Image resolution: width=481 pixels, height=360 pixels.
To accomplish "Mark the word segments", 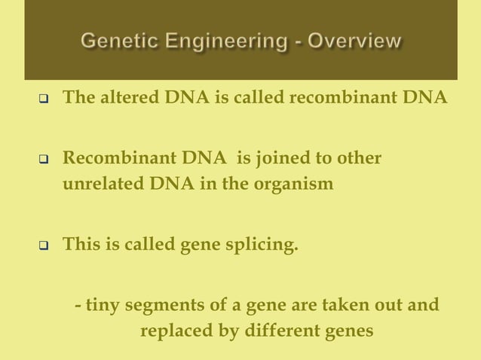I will pos(160,307).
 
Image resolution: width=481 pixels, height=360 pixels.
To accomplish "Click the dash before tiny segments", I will pos(78,307).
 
